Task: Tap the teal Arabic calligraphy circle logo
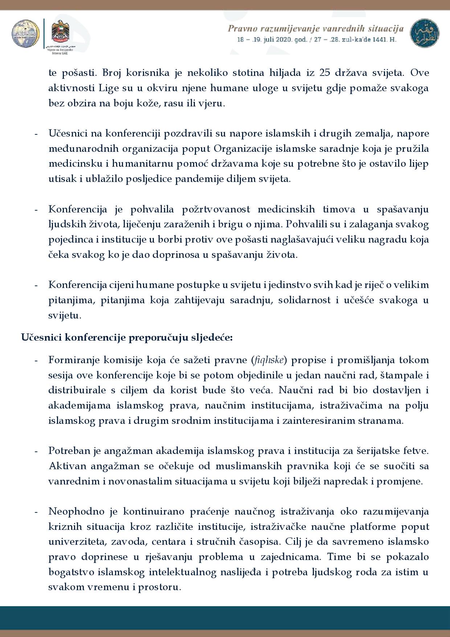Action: click(x=424, y=33)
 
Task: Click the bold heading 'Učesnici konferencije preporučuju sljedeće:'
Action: click(x=127, y=337)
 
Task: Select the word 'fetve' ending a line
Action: click(x=416, y=451)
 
